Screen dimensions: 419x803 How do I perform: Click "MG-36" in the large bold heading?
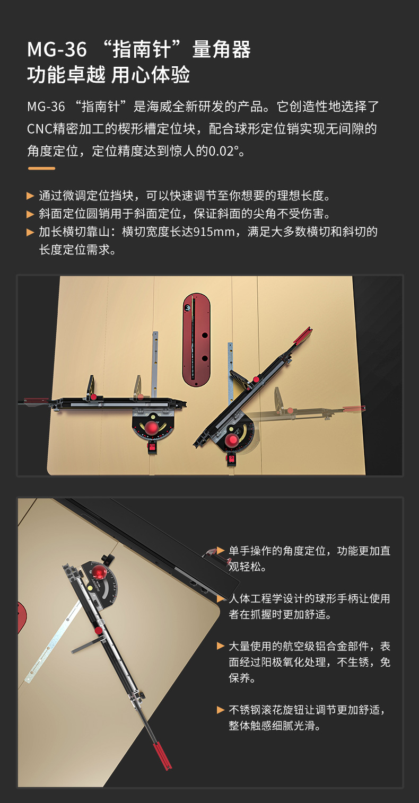(57, 49)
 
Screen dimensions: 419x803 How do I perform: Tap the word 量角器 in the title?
(221, 49)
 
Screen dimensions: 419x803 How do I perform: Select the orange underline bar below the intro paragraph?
(41, 168)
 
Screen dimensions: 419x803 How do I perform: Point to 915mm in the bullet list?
(214, 232)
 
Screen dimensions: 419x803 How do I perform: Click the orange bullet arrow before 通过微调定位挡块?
(30, 196)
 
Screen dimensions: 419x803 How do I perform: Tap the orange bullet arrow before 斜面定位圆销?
(30, 214)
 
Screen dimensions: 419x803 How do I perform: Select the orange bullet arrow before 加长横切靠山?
(30, 232)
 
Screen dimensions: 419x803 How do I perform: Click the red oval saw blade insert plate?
(196, 339)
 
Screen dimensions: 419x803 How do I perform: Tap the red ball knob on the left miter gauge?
(152, 428)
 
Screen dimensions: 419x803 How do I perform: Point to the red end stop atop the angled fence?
(303, 336)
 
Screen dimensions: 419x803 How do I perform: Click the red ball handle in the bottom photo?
(99, 571)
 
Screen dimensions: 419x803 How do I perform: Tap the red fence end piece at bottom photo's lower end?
(162, 756)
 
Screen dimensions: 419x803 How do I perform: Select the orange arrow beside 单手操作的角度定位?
(221, 550)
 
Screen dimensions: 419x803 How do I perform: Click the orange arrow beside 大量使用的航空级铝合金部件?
(221, 646)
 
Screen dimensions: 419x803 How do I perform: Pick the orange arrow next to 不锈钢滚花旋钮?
(221, 710)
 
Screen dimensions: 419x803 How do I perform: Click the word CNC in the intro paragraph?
(39, 129)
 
